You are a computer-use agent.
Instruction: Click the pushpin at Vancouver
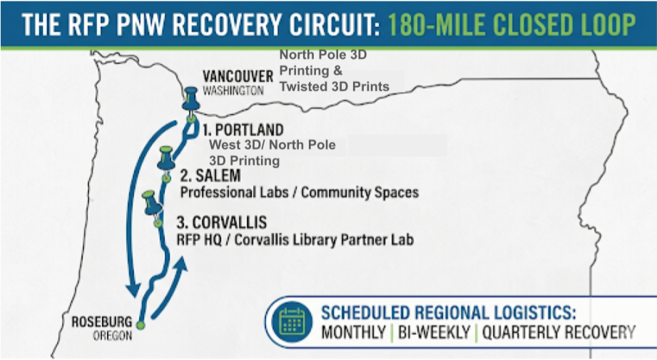coord(190,99)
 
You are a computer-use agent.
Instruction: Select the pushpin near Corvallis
coord(151,202)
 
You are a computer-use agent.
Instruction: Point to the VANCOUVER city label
coord(238,76)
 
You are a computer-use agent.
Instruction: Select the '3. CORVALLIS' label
coord(222,223)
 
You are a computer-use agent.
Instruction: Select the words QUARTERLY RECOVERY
coord(558,332)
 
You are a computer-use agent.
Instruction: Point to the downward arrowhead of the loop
coord(131,291)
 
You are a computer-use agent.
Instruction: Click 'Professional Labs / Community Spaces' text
coord(299,192)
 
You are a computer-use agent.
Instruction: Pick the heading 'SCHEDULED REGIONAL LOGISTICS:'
coord(449,312)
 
